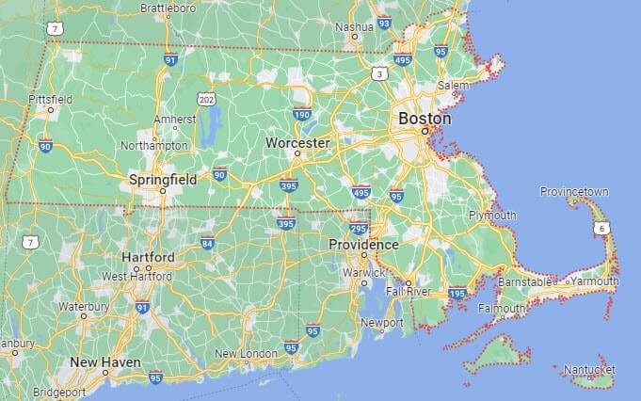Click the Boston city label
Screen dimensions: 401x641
[x=425, y=120]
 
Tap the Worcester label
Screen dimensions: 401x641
[x=297, y=143]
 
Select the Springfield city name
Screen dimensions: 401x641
[x=163, y=178]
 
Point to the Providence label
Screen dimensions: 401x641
[x=363, y=245]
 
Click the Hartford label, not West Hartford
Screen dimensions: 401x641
[x=148, y=257]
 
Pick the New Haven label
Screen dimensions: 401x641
[x=105, y=362]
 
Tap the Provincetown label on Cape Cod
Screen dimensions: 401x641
[x=574, y=192]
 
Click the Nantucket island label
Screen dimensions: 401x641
[x=589, y=370]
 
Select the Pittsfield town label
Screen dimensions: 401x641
[x=51, y=99]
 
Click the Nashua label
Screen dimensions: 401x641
[x=355, y=27]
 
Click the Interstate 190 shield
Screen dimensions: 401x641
[x=302, y=115]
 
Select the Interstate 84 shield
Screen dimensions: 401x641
[x=207, y=243]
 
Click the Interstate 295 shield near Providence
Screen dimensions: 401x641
[x=359, y=229]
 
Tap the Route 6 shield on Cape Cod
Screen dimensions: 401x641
[x=601, y=228]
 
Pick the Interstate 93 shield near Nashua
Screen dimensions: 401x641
[x=384, y=22]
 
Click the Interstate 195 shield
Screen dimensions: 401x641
[x=458, y=294]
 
